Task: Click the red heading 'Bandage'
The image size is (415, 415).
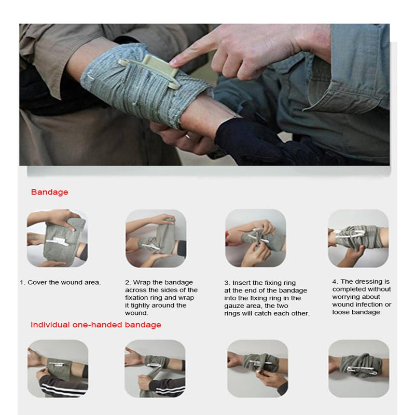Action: click(x=49, y=192)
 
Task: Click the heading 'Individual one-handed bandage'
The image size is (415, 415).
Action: click(x=95, y=325)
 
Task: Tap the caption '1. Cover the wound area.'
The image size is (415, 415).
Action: click(x=60, y=282)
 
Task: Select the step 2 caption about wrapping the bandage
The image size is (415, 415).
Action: click(x=161, y=298)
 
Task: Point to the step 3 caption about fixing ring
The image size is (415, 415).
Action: click(x=267, y=298)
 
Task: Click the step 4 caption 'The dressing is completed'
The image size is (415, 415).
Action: click(x=362, y=297)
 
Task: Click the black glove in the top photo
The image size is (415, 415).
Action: click(x=249, y=140)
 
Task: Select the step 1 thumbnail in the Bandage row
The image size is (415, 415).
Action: click(x=57, y=238)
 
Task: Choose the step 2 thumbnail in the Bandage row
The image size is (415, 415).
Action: click(x=156, y=238)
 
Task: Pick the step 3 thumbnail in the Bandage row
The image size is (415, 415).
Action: click(x=255, y=238)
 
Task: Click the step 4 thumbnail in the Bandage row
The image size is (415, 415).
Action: click(x=358, y=238)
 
